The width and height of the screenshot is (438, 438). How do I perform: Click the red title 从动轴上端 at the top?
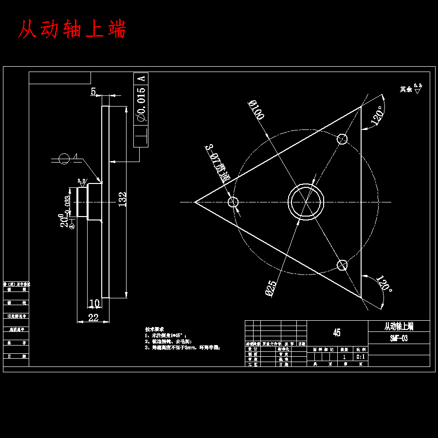point(72,30)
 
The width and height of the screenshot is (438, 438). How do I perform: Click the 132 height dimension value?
point(122,200)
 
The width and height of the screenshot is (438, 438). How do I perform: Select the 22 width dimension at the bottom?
point(93,318)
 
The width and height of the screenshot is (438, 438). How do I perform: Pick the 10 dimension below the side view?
point(95,304)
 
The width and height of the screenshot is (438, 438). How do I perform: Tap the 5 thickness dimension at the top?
point(93,91)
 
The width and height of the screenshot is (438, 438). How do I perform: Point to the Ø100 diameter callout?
point(256,110)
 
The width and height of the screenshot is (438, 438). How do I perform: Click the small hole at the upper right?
point(343,139)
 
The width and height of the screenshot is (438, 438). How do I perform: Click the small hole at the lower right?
point(343,265)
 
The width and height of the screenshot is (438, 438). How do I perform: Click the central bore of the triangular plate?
point(306,202)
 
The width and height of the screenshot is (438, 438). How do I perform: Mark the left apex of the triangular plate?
point(195,202)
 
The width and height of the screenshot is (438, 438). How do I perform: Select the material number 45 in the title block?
point(337,333)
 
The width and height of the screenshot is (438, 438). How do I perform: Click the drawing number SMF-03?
point(399,338)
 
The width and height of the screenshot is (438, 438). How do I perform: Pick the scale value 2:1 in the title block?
point(362,357)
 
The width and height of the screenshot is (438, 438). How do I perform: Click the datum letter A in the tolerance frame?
point(141,78)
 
